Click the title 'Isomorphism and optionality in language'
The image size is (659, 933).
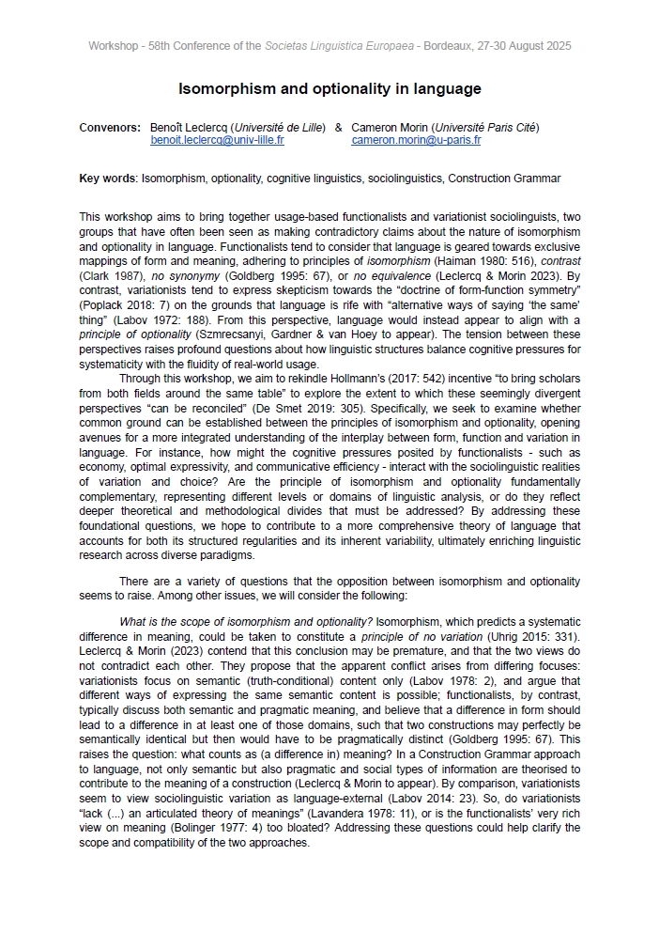tap(329, 89)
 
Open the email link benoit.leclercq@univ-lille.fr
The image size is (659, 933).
tap(217, 140)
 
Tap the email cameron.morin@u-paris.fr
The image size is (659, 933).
tap(416, 140)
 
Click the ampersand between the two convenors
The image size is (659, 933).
tap(338, 128)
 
